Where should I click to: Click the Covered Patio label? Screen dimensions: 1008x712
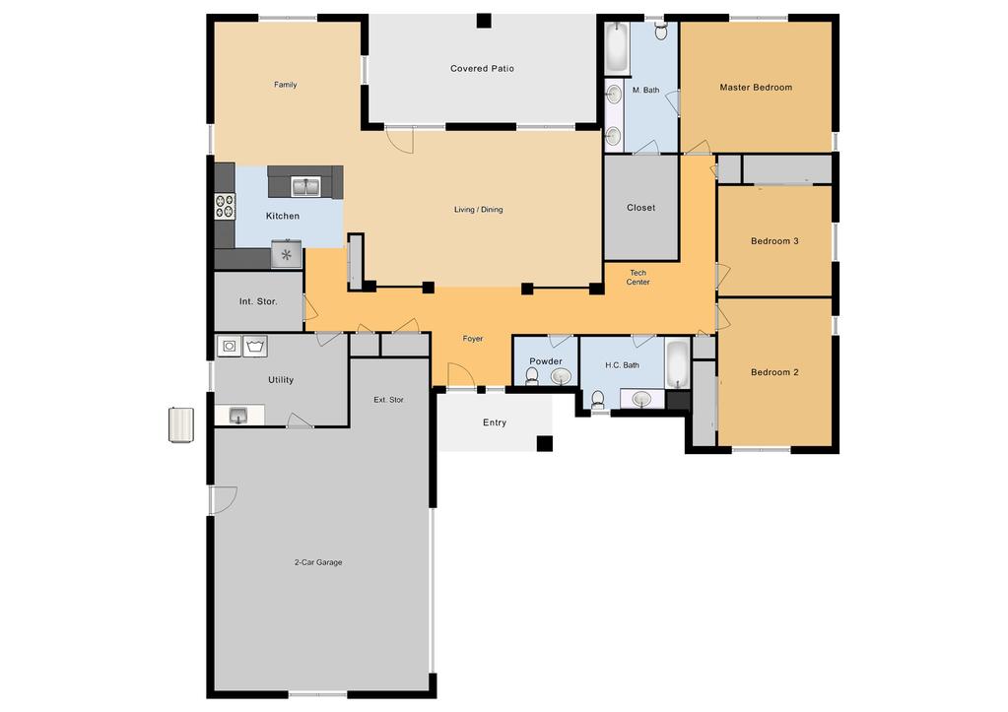(482, 68)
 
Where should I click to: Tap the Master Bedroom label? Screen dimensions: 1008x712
(756, 88)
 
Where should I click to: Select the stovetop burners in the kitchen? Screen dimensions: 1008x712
(225, 206)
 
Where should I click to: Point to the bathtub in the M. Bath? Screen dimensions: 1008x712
(617, 49)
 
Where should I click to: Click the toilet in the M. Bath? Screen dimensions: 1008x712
(661, 31)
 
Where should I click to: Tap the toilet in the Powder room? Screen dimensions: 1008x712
(532, 376)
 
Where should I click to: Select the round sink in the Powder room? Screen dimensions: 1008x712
(561, 376)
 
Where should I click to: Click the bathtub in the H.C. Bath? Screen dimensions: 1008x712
(677, 364)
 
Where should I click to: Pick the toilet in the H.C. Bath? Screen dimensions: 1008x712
(598, 400)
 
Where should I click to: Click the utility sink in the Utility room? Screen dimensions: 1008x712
(238, 415)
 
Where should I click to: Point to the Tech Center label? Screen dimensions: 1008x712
(638, 277)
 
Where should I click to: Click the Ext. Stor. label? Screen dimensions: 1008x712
(389, 400)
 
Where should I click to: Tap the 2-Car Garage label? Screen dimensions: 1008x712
(318, 562)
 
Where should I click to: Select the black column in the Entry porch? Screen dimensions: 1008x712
(545, 443)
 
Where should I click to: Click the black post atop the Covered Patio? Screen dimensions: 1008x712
(484, 22)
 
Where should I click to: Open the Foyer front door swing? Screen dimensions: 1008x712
(460, 374)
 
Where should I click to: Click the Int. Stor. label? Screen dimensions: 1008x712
(258, 301)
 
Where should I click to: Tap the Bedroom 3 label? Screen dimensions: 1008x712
(774, 241)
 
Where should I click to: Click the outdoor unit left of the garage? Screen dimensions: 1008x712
(181, 424)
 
